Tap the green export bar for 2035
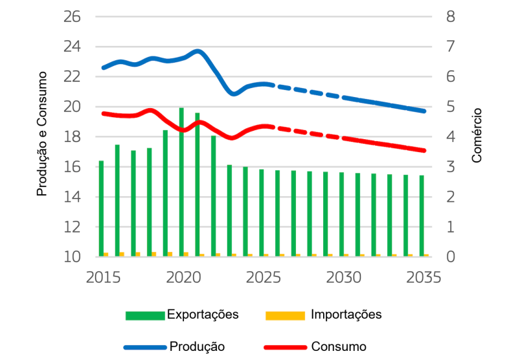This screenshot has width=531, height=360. [422, 216]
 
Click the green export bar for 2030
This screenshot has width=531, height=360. [341, 214]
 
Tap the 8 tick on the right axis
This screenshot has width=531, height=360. [451, 16]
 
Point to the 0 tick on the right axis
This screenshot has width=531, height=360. [451, 257]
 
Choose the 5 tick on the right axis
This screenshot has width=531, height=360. [451, 107]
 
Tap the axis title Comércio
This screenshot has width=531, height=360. [477, 136]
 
